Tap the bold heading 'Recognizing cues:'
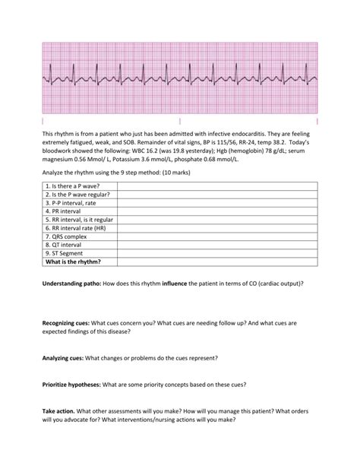pos(68,322)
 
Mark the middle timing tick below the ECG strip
pos(179,121)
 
